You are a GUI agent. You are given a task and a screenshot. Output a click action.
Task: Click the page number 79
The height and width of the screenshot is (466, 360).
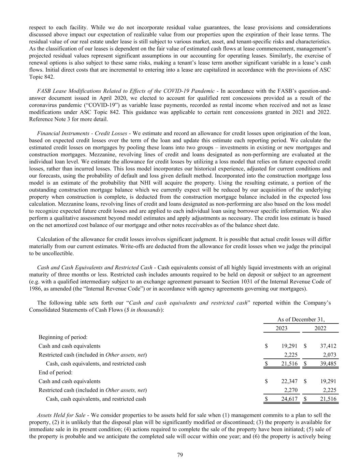coord(180,455)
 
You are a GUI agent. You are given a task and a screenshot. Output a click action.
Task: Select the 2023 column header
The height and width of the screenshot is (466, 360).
coord(282,328)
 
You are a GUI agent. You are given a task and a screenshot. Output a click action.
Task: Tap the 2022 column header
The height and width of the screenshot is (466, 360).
coord(320,328)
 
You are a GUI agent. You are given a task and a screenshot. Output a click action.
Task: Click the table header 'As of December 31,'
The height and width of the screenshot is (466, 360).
coord(301,320)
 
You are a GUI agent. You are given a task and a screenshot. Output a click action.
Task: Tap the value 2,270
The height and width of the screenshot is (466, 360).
coord(291,390)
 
